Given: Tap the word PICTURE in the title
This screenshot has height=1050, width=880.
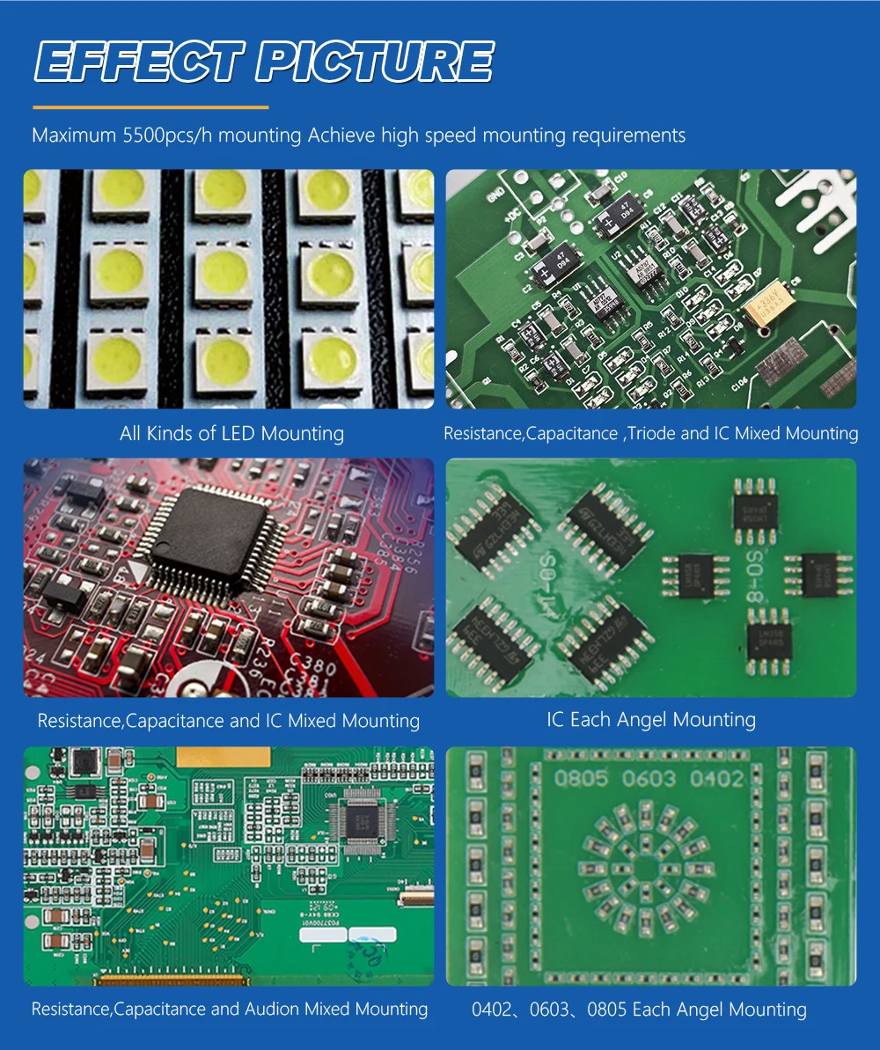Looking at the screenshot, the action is [375, 62].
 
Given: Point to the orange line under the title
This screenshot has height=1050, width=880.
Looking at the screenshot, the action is [150, 107].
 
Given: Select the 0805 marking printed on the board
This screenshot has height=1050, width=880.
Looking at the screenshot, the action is [581, 778].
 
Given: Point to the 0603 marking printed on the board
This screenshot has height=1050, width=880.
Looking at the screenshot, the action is [649, 778].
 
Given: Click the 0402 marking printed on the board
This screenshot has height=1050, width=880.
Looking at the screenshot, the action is [716, 778].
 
